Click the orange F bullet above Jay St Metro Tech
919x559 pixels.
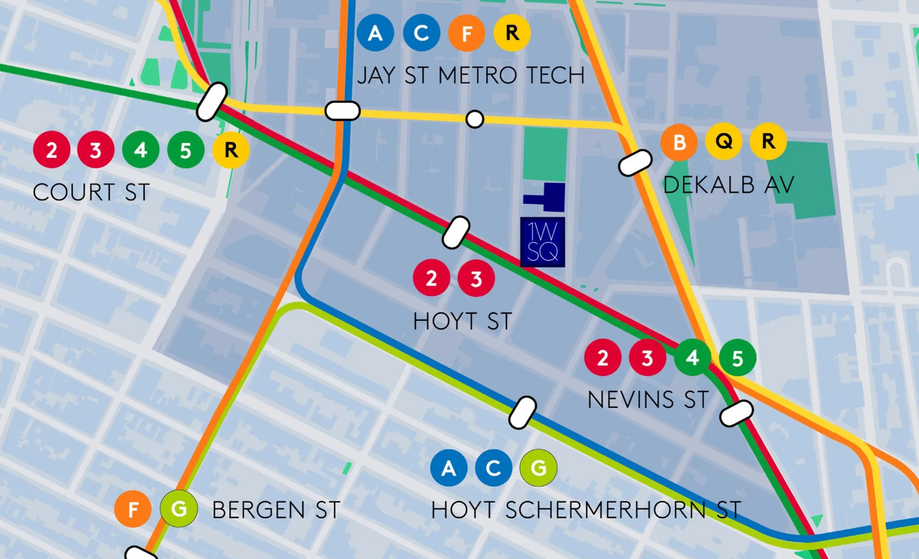[467, 33]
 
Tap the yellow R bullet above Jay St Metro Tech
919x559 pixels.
[512, 33]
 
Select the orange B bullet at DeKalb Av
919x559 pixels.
[679, 142]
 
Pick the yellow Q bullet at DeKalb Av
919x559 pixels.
[724, 141]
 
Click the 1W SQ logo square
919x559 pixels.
[542, 242]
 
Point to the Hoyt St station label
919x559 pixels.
[462, 321]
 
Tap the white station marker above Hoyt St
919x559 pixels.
[456, 232]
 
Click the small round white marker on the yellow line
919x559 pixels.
[474, 119]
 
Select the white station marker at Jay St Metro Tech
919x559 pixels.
[342, 111]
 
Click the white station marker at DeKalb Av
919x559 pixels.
[635, 163]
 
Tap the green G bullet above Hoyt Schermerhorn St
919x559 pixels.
[538, 468]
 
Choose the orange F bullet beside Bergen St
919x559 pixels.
[133, 509]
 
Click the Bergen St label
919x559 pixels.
[276, 510]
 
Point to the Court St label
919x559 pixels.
[91, 193]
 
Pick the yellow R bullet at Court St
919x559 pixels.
[231, 150]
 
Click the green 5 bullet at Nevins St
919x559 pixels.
[737, 358]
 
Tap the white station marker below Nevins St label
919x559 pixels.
[737, 413]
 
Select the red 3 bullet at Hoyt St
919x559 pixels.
[476, 278]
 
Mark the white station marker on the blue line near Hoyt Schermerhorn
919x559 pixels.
[522, 412]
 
